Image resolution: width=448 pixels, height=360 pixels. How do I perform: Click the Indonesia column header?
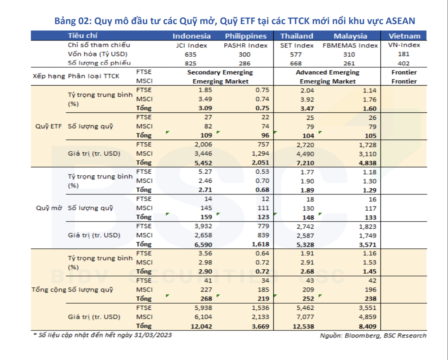point(191,36)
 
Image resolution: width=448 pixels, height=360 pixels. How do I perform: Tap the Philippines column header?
point(246,36)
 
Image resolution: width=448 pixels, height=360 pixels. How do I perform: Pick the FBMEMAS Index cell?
point(350,45)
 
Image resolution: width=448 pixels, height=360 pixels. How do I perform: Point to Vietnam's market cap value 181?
point(404,54)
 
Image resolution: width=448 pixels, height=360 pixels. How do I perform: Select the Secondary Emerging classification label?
point(220,72)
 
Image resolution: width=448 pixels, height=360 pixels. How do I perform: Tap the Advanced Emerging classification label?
point(327,72)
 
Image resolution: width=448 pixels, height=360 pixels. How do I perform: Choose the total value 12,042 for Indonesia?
point(201,327)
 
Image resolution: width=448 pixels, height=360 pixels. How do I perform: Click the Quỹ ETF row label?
point(48,126)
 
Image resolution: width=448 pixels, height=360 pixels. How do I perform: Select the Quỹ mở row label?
point(49,208)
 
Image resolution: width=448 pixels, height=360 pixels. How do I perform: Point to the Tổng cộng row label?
point(49,290)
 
